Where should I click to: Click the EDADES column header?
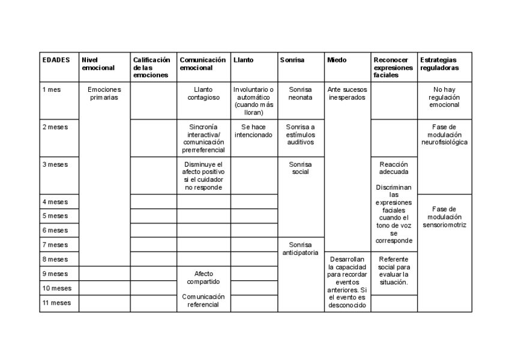click(56, 60)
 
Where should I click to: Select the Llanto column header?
click(243, 60)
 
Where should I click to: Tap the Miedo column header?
click(336, 60)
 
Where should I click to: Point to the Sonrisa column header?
click(292, 60)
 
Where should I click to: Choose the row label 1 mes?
click(52, 89)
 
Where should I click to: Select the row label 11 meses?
click(56, 303)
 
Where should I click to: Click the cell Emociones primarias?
click(104, 93)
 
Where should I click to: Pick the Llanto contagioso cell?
click(203, 93)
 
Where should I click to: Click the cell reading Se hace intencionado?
click(253, 131)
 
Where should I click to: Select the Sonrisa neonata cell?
click(300, 93)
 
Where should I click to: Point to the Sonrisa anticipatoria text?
click(300, 248)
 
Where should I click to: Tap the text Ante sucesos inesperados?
click(347, 93)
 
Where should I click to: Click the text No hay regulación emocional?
click(444, 97)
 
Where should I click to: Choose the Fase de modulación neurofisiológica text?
click(444, 134)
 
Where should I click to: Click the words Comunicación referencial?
click(203, 300)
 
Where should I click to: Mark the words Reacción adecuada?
click(394, 167)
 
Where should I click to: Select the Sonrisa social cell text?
click(300, 168)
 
